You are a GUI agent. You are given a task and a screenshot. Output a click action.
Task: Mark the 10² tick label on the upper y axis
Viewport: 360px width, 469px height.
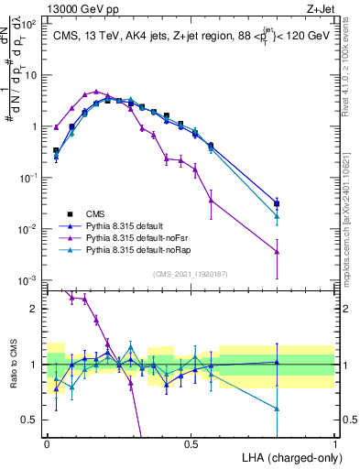(30, 25)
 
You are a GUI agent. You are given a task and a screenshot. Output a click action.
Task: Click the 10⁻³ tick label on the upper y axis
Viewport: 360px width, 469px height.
(30, 279)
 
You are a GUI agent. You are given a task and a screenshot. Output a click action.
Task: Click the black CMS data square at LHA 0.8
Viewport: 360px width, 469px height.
(277, 204)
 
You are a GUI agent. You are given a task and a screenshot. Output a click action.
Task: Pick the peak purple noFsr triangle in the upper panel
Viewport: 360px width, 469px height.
(96, 92)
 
